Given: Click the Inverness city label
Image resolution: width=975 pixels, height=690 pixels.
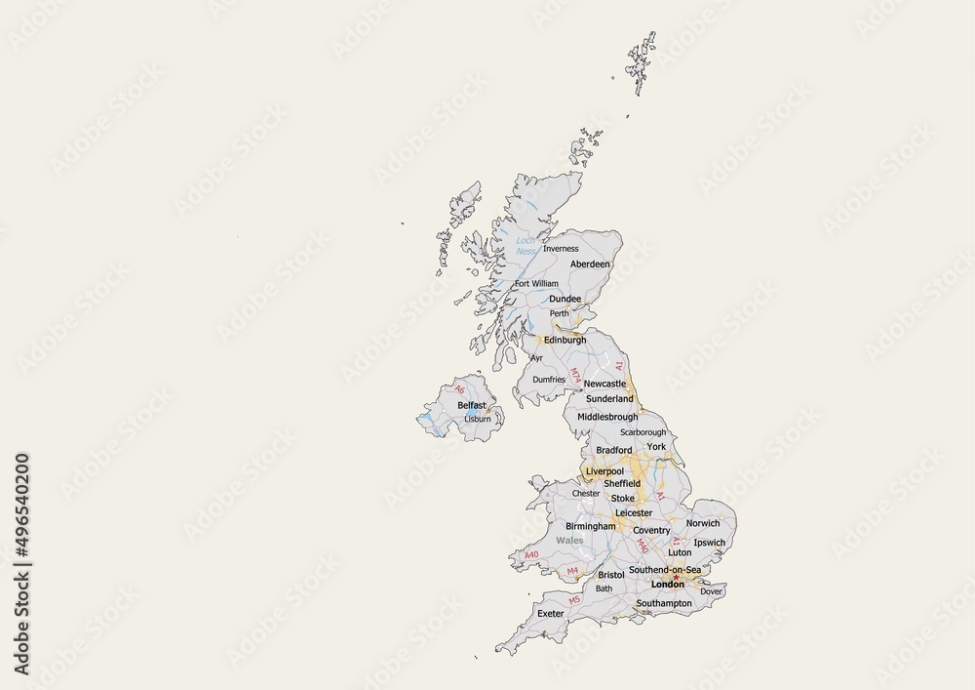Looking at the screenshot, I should (560, 249).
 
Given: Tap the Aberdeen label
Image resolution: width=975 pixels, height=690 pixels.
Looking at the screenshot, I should (590, 264).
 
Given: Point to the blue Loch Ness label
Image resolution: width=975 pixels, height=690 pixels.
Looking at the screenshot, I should (526, 246).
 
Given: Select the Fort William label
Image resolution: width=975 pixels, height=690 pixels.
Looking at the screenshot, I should (536, 284).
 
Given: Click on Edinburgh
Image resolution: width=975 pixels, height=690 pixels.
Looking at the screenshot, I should (565, 341).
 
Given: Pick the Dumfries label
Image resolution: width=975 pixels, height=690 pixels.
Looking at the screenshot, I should (549, 380).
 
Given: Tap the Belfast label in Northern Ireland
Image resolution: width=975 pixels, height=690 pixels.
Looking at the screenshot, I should (471, 404).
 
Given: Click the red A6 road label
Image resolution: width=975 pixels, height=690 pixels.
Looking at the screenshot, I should (460, 389).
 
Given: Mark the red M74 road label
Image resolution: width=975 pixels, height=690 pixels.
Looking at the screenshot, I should (576, 376).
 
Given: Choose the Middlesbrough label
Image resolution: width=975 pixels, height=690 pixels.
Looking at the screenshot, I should (606, 417).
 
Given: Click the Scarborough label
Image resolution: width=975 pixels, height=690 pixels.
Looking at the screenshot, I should (643, 432).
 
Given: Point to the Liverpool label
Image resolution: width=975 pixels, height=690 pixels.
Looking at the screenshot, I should (604, 471).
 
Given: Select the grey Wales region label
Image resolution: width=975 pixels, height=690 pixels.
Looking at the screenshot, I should (569, 540).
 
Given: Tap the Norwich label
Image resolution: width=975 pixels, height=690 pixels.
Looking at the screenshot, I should (703, 524).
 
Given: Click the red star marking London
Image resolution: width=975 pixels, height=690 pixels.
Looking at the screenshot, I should (676, 577).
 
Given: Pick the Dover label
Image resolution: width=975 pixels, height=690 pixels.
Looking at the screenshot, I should (711, 591).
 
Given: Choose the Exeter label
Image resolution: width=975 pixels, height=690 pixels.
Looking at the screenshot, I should (551, 614).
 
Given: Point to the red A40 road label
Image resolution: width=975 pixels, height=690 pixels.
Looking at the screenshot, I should (531, 555).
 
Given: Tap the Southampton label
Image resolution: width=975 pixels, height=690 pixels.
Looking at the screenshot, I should (663, 604).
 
